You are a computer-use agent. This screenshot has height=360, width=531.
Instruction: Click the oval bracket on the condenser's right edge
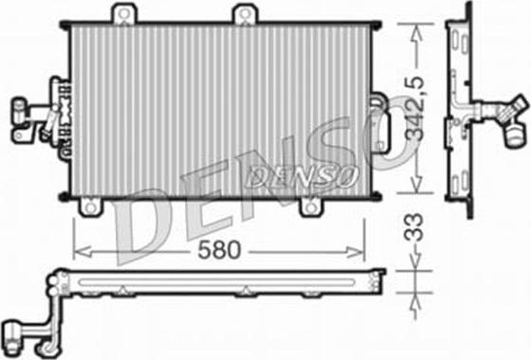pyautogui.click(x=382, y=125)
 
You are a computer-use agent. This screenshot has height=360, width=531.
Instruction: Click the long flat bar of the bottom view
pyautogui.click(x=218, y=281)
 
